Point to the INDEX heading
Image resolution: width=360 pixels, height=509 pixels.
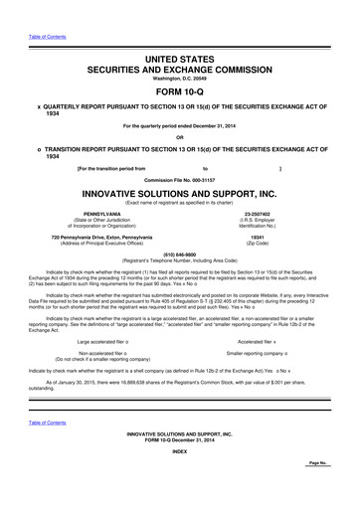179,481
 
